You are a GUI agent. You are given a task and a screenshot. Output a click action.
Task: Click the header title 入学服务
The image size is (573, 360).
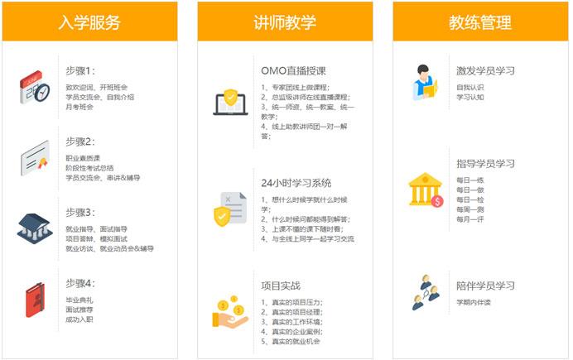89,22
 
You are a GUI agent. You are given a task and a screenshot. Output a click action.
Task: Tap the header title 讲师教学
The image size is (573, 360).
285,22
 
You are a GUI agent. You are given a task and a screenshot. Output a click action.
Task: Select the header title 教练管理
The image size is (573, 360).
480,22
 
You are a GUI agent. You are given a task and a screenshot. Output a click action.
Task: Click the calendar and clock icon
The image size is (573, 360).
35,88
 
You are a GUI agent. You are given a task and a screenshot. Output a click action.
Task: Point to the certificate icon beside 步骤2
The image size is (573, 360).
35,158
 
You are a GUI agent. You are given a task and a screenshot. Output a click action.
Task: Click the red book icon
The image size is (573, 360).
35,300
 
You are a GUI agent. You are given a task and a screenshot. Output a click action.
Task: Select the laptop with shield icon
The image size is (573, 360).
230,102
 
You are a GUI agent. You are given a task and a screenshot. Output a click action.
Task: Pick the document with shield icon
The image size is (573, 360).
230,209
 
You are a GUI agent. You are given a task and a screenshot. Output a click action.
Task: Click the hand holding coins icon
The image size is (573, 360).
230,311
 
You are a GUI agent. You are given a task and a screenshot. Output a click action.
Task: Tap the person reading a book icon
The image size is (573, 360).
425,83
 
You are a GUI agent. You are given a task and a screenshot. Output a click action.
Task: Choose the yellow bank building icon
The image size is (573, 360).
426,190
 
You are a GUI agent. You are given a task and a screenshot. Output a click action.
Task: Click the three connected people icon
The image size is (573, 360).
426,292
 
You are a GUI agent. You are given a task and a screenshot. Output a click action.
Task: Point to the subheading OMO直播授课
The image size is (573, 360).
293,71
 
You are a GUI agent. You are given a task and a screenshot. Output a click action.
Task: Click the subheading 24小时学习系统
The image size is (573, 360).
296,183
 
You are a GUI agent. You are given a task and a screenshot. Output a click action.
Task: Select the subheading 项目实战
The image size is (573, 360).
281,286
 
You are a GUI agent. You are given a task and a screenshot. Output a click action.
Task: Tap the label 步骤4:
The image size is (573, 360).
80,283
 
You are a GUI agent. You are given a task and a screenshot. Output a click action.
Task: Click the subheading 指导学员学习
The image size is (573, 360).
486,164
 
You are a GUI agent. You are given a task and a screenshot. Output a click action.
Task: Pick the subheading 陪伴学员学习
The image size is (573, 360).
486,286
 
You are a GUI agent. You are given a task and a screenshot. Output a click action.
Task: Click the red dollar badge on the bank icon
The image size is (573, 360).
437,201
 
